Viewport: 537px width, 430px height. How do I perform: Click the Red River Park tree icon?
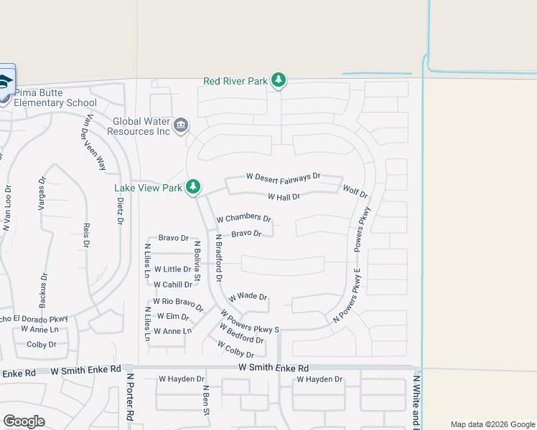tap(279, 81)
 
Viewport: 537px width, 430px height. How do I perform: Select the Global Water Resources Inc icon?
tap(181, 126)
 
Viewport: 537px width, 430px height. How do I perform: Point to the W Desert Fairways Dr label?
tap(283, 176)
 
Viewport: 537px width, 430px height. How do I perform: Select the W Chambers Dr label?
tap(243, 218)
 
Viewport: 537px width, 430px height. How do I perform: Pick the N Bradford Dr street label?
tap(218, 257)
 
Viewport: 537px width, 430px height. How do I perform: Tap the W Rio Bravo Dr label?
tap(178, 304)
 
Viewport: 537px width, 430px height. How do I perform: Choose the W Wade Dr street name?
tap(248, 297)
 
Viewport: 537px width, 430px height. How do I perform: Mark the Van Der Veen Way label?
tap(93, 142)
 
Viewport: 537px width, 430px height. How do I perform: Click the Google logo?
tap(24, 421)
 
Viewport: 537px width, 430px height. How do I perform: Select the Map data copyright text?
tap(492, 424)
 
